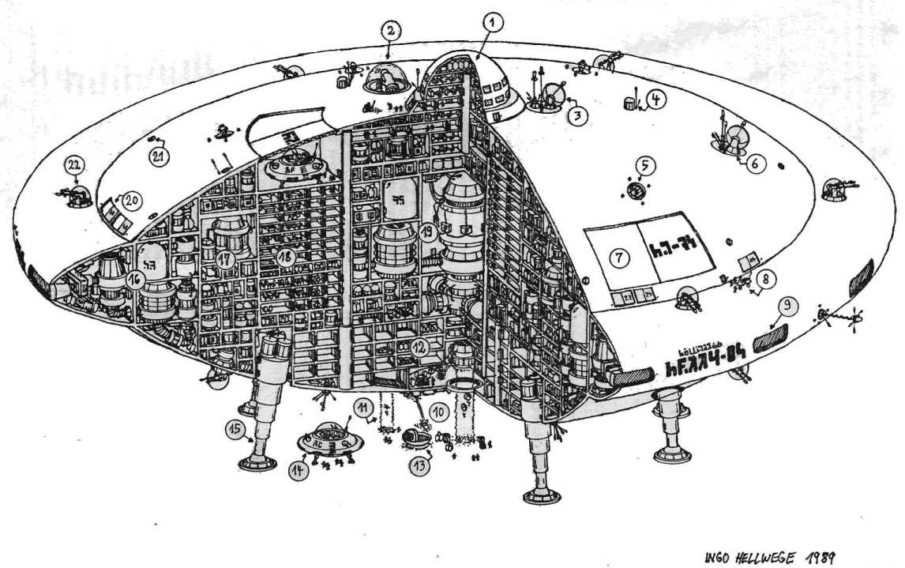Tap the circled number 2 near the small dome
(x=391, y=32)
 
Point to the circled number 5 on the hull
(x=644, y=166)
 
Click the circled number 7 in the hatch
(x=618, y=259)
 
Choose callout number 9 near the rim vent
(x=787, y=305)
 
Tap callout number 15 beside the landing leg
(x=234, y=429)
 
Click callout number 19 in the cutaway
(x=426, y=232)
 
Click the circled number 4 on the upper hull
(x=657, y=100)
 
